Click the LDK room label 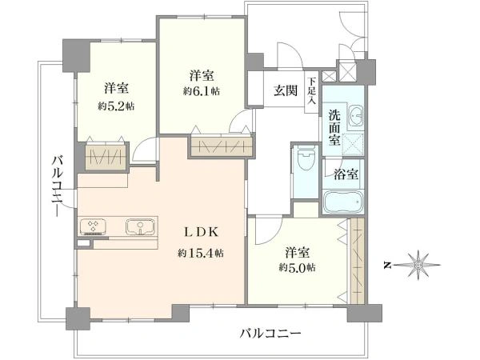point(201,233)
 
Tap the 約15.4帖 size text point(201,253)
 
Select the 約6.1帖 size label point(202,91)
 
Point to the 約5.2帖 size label point(116,106)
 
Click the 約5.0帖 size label point(297,268)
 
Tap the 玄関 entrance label point(286,90)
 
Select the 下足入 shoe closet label point(312,91)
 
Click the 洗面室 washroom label point(334,127)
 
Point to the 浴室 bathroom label point(346,174)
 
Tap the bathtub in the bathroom point(343,202)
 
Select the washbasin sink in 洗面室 point(355,116)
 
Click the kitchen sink point(140,227)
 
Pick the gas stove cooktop point(94,227)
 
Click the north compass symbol point(418,265)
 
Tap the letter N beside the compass point(388,265)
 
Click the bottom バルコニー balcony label point(270,333)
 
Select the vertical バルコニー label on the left point(58,186)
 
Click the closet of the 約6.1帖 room point(222,146)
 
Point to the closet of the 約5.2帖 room point(106,157)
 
